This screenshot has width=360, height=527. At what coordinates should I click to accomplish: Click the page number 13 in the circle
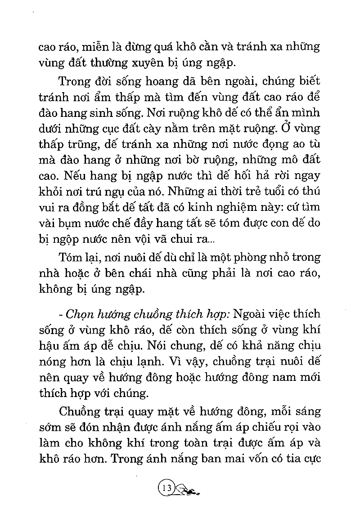point(165,487)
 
